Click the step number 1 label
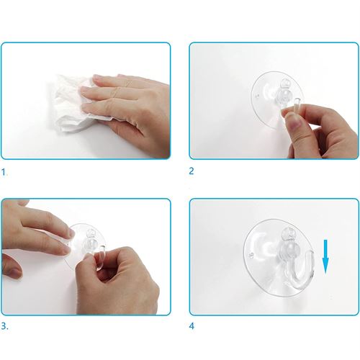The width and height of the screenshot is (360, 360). (x=4, y=172)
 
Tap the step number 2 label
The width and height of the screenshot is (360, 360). (x=192, y=171)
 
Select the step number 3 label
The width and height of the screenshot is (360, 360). (x=4, y=326)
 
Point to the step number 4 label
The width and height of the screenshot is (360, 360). (x=192, y=326)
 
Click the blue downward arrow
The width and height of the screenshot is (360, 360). (x=325, y=256)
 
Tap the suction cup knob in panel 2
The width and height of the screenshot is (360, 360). (x=286, y=92)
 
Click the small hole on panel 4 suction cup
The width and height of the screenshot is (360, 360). (x=251, y=255)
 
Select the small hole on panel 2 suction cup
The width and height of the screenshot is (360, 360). (x=257, y=96)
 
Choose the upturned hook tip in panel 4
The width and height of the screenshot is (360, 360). (x=311, y=253)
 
